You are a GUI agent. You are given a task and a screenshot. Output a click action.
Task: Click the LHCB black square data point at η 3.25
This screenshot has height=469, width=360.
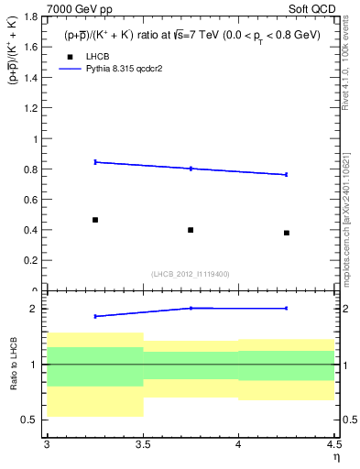point(95,220)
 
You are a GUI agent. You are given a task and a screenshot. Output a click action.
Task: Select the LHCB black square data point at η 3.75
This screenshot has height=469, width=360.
point(191,230)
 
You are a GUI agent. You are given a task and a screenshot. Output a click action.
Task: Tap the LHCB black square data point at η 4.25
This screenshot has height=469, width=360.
point(287,233)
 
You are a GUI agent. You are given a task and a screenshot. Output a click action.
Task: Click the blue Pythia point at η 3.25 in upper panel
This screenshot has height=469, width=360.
point(95,162)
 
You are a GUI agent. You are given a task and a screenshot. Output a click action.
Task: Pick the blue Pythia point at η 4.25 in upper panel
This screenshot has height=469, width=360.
point(287,174)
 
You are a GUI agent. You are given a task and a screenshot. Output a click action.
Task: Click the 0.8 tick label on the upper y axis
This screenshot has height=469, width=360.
point(34,169)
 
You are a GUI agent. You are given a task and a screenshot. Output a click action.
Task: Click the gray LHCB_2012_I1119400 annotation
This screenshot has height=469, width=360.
point(191,274)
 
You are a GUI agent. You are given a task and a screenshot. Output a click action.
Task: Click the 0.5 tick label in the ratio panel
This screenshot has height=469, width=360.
point(34,420)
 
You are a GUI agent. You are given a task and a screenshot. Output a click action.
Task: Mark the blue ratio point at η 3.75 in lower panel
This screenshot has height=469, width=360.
point(191,308)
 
